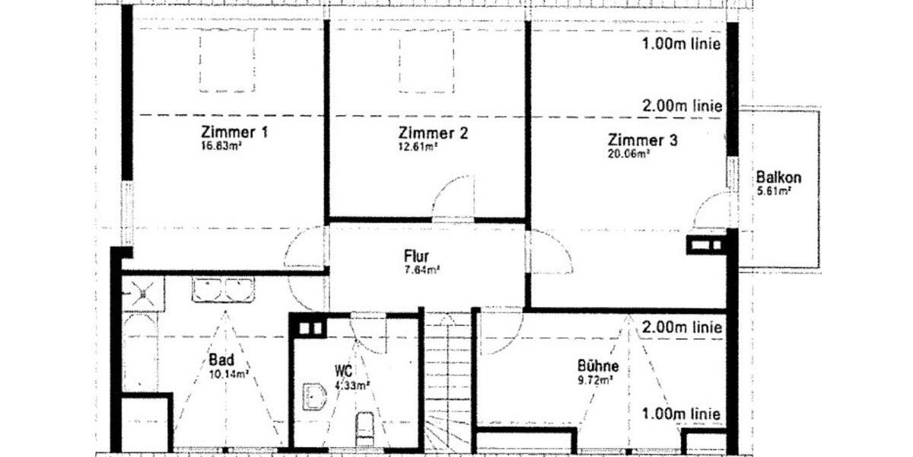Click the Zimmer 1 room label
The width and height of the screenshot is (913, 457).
(x=234, y=132)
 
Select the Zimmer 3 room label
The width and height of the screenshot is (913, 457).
(x=642, y=140)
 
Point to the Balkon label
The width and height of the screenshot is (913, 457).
(x=778, y=178)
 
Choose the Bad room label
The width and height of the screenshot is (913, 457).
(x=221, y=360)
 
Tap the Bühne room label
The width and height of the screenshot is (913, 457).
(x=597, y=366)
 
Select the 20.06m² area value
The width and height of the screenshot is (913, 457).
(x=629, y=154)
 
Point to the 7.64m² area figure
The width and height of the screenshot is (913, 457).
(x=422, y=269)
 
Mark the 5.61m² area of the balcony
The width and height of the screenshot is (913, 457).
(x=774, y=191)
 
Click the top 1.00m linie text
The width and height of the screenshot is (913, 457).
(x=680, y=43)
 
